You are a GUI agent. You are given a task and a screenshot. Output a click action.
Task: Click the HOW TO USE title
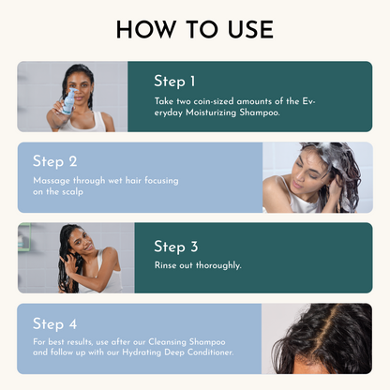click(x=195, y=29)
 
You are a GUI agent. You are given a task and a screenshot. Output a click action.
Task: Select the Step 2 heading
click(x=55, y=161)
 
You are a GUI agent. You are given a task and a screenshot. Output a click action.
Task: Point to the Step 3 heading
click(x=176, y=247)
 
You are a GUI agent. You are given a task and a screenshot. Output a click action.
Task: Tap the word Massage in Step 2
click(x=51, y=180)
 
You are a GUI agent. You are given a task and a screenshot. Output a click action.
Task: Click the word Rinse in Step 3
click(x=166, y=265)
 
